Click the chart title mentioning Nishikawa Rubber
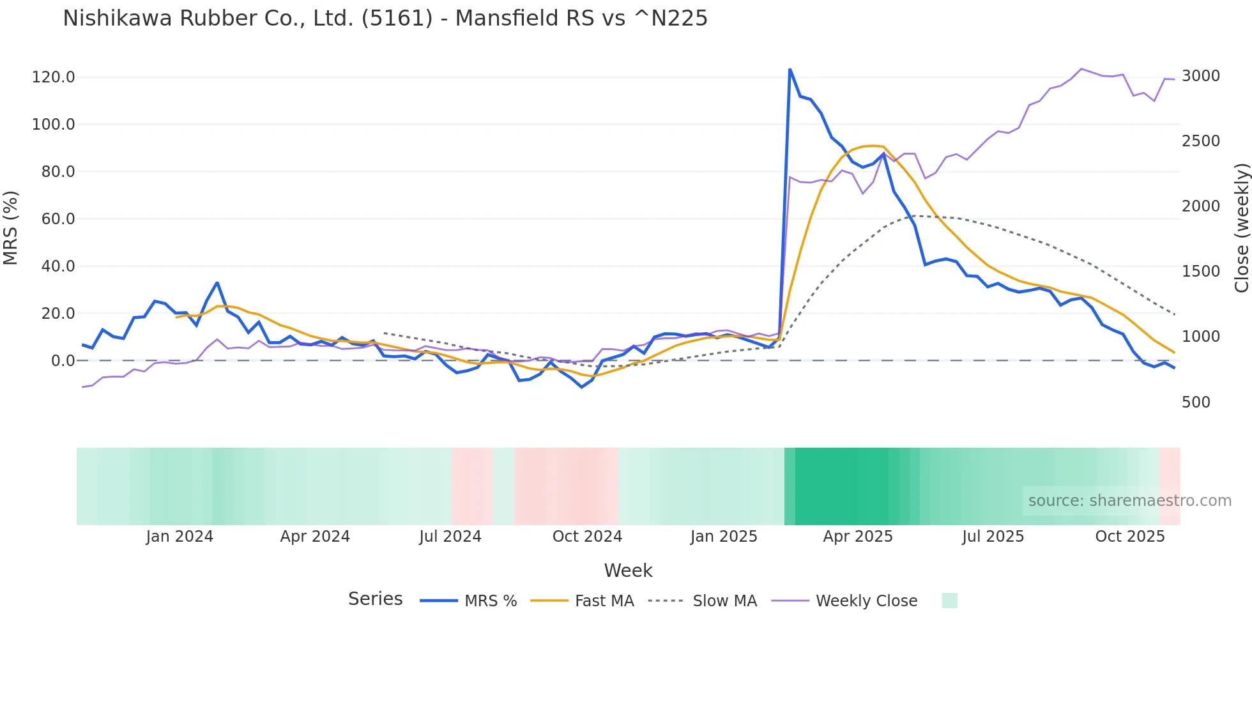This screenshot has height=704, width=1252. pyautogui.click(x=385, y=18)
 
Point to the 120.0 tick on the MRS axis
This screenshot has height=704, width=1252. pyautogui.click(x=54, y=77)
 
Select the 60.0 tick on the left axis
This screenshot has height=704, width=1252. pyautogui.click(x=58, y=219)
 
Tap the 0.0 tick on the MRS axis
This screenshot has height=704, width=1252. pyautogui.click(x=63, y=361)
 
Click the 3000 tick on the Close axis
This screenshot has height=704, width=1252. pyautogui.click(x=1201, y=76)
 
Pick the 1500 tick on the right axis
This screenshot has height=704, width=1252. pyautogui.click(x=1201, y=272)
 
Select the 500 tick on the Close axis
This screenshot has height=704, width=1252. pyautogui.click(x=1196, y=402)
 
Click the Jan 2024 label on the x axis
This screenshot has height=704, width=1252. pyautogui.click(x=179, y=537)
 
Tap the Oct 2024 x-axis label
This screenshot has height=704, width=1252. pyautogui.click(x=587, y=537)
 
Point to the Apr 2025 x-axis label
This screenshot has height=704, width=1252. pyautogui.click(x=858, y=537)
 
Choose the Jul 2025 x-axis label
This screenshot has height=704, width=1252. pyautogui.click(x=993, y=537)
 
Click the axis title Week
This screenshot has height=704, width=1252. pyautogui.click(x=628, y=570)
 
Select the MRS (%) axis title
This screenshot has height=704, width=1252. pyautogui.click(x=11, y=227)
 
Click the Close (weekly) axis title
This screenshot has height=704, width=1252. pyautogui.click(x=1241, y=227)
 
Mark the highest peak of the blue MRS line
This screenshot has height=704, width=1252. pyautogui.click(x=790, y=69)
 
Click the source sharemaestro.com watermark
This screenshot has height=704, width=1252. pyautogui.click(x=1129, y=501)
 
